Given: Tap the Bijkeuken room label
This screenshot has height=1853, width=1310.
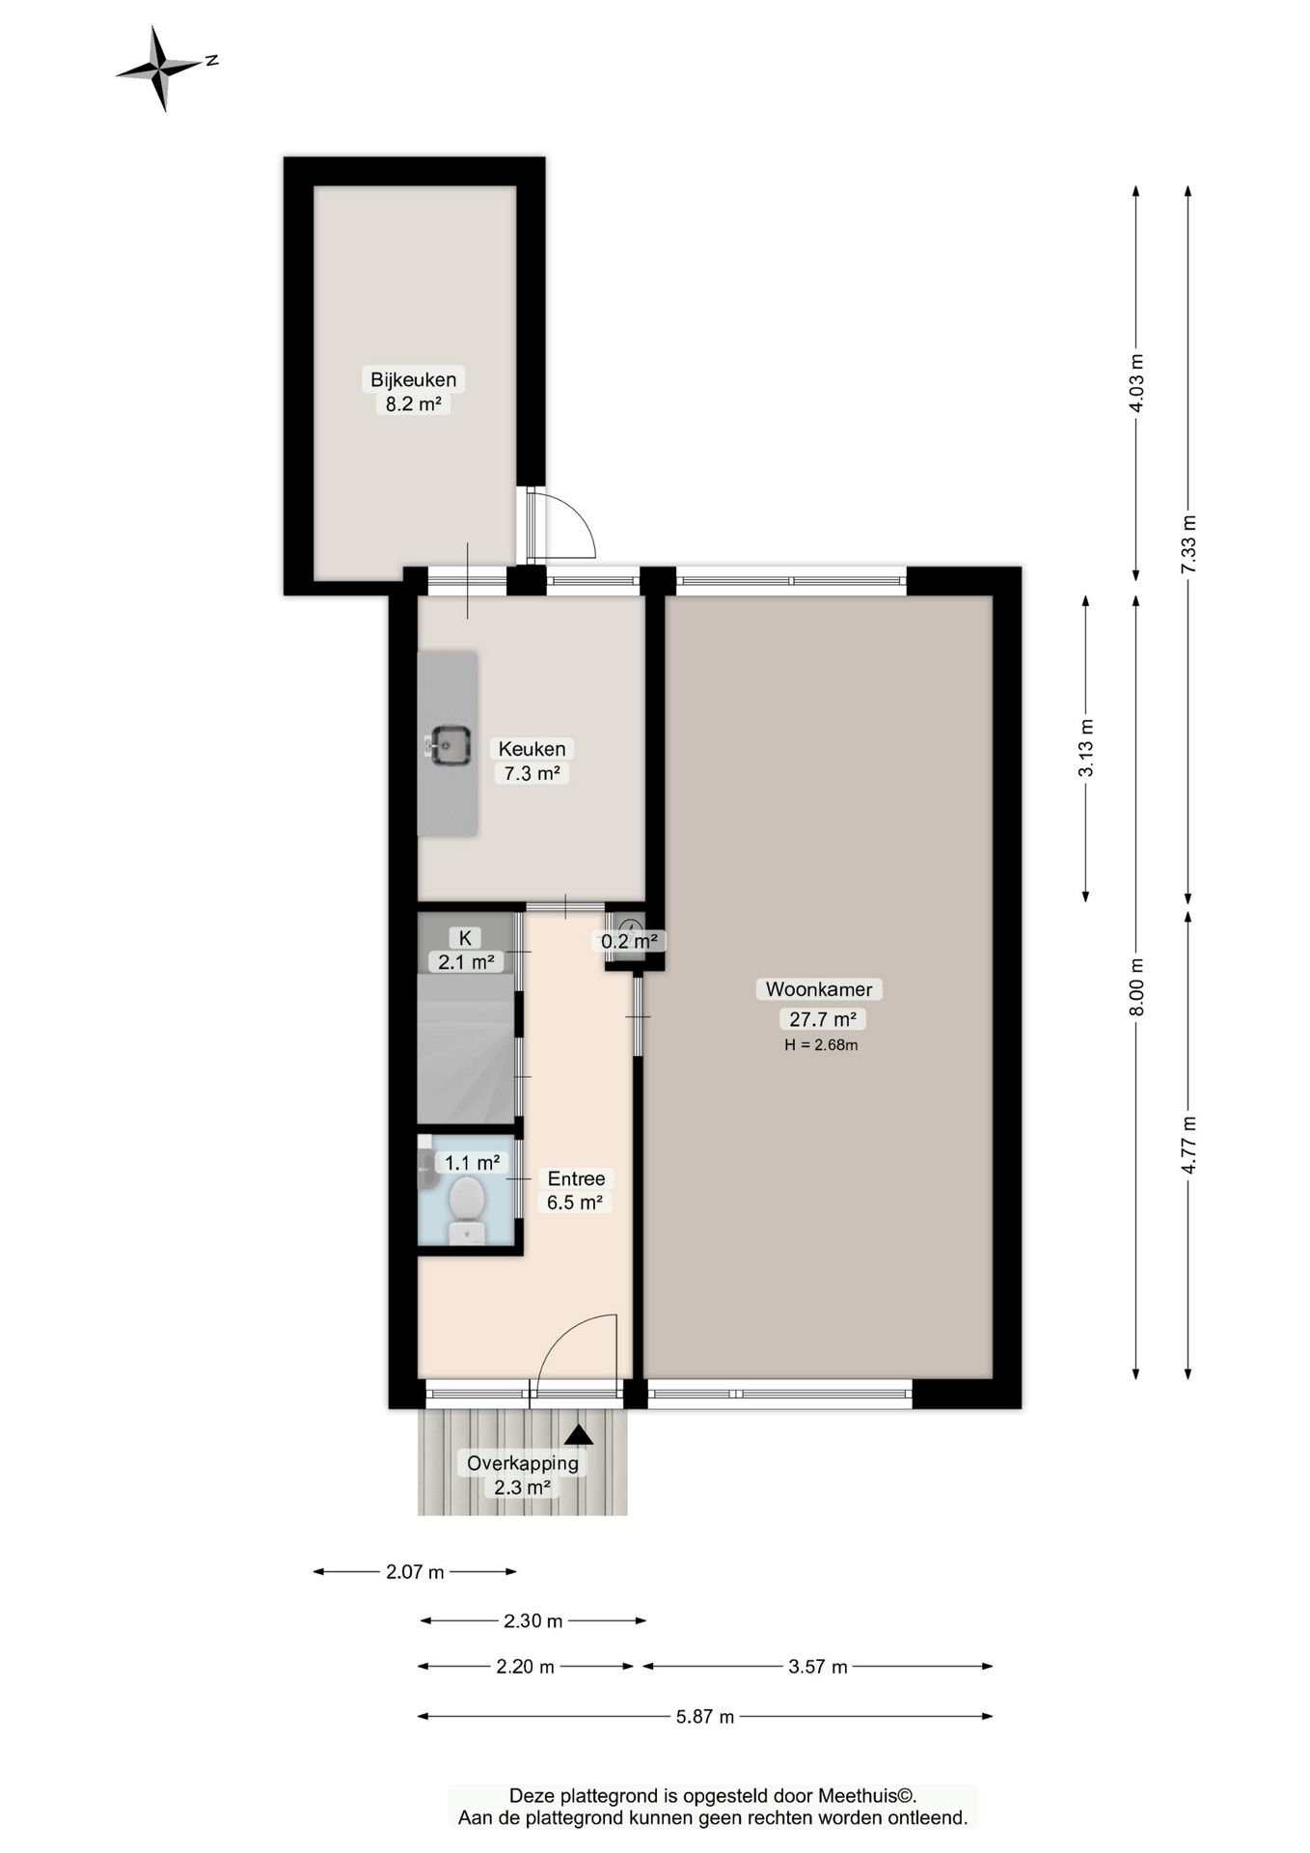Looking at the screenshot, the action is click(x=413, y=379).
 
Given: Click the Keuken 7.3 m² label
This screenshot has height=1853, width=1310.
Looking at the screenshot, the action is click(x=532, y=761).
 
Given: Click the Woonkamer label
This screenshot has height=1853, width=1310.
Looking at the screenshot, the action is click(x=819, y=989).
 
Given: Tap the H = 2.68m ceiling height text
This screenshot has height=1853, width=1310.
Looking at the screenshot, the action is click(x=821, y=1044).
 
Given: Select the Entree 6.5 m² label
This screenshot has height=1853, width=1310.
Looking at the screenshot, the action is click(x=576, y=1190).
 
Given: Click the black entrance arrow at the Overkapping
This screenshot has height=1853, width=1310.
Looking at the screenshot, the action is click(x=579, y=1435).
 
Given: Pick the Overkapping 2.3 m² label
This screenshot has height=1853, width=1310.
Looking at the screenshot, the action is click(x=523, y=1475).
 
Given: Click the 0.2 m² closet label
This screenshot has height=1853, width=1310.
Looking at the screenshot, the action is click(x=630, y=941).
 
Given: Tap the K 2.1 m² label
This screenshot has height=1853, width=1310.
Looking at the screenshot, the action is click(x=466, y=950).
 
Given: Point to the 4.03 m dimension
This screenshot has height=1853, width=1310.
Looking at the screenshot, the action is click(x=1136, y=383).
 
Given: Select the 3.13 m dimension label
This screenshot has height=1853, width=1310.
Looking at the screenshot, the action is click(x=1086, y=748).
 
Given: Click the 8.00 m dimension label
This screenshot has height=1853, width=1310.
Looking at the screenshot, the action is click(x=1136, y=986).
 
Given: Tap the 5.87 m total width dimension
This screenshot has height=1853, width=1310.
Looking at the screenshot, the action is click(x=705, y=1716).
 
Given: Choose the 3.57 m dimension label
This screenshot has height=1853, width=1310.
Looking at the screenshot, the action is click(x=818, y=1666).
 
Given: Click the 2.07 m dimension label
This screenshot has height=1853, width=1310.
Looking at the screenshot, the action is click(x=415, y=1571).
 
